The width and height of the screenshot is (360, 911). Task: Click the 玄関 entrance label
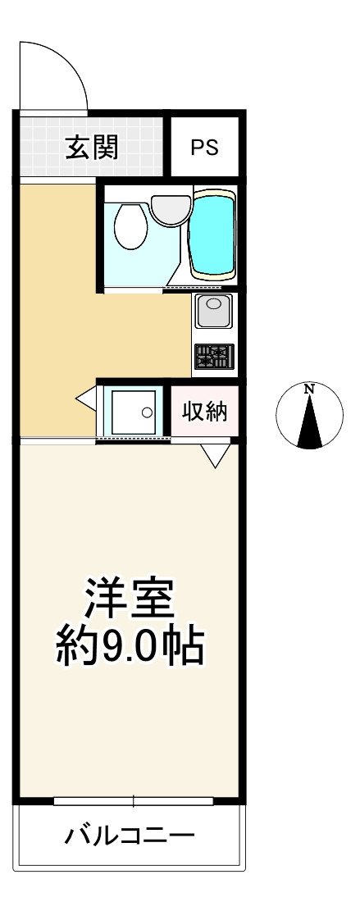[x=92, y=148]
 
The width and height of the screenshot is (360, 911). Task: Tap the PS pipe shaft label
[x=204, y=148]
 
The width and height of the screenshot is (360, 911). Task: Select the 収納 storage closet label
[x=203, y=412]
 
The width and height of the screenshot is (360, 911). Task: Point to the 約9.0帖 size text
[x=130, y=647]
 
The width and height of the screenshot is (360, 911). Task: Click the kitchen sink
[x=213, y=312]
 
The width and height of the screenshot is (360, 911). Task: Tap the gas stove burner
[x=213, y=356]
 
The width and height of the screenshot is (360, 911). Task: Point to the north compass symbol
[x=308, y=416]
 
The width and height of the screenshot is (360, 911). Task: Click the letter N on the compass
[x=309, y=389]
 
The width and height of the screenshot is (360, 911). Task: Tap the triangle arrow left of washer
[x=86, y=399]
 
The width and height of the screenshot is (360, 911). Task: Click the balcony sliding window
[x=131, y=800]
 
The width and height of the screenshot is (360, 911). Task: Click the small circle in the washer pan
[x=147, y=412]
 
